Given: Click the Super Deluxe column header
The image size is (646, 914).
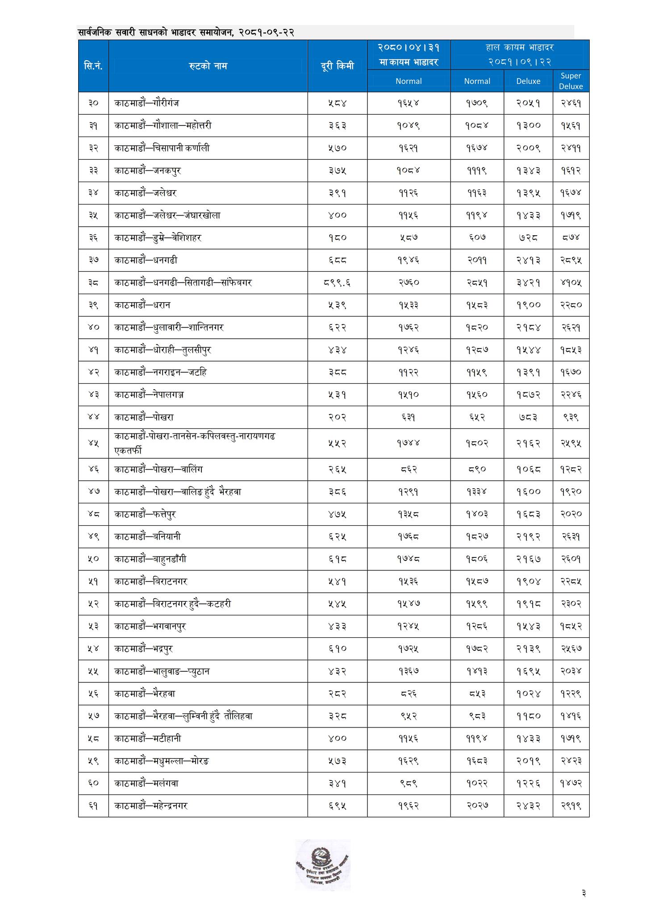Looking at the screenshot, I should click(x=571, y=81).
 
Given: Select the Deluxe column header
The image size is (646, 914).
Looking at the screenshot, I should click(x=528, y=81).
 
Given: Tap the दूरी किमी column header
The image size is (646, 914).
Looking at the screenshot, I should click(x=337, y=66).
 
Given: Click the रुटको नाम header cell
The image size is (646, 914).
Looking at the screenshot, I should click(x=208, y=66).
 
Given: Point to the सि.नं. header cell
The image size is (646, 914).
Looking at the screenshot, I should click(x=93, y=66).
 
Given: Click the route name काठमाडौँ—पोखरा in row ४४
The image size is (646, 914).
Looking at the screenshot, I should click(x=144, y=417).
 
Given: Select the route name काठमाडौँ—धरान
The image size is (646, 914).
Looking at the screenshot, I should click(x=142, y=305).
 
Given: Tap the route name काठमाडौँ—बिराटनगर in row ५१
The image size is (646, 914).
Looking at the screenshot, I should click(x=150, y=582).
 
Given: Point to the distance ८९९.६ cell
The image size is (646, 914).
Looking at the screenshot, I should click(x=337, y=283).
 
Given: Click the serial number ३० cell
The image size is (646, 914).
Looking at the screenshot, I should click(x=93, y=103).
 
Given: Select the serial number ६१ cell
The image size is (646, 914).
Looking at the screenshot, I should click(x=93, y=806).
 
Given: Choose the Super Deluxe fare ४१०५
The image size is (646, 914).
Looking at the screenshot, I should click(x=571, y=283).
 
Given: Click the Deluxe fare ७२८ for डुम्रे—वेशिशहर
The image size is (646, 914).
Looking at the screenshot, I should click(x=528, y=238).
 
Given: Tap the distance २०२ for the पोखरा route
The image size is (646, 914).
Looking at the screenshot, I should click(x=337, y=417).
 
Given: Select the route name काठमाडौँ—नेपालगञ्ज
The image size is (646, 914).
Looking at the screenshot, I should click(x=150, y=395).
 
